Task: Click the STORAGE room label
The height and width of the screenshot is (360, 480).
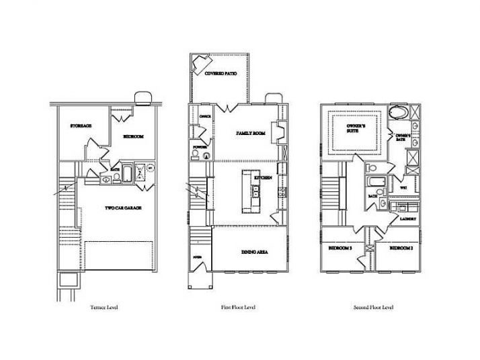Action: pos(81,126)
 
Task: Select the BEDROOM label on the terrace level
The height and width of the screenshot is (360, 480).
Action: pos(133,136)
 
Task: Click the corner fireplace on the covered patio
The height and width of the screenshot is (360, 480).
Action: pos(201,64)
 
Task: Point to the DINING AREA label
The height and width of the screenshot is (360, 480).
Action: pos(255,252)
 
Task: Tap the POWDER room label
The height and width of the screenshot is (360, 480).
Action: pos(200,146)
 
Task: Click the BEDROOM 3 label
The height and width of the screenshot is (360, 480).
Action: pos(340,249)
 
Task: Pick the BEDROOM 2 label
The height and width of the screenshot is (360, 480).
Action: pos(402,249)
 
